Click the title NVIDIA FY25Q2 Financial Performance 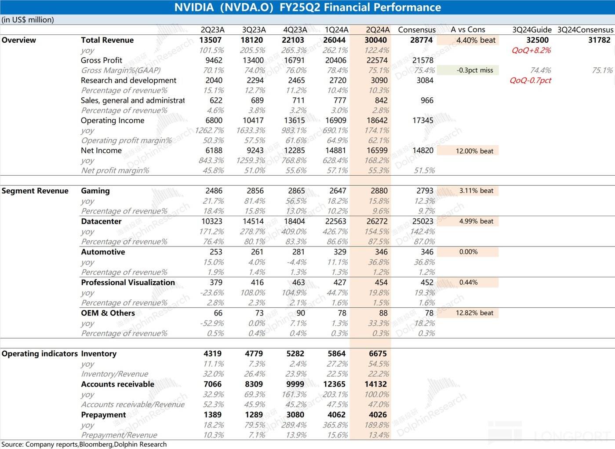307,7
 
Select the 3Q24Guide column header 531,29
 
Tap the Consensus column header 416,29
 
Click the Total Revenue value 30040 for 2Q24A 375,40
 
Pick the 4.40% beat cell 476,40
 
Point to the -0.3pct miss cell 474,70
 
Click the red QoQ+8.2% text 531,50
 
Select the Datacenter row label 101,221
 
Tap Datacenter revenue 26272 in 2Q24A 376,221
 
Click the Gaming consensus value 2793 425,191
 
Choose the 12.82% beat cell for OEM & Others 474,313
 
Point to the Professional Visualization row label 127,283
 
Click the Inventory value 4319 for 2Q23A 213,353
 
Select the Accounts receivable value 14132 375,384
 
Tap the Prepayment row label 103,415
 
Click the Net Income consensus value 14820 422,151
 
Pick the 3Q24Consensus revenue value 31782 599,40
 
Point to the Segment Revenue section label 35,191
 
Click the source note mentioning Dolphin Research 84,444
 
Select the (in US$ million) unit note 28,20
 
